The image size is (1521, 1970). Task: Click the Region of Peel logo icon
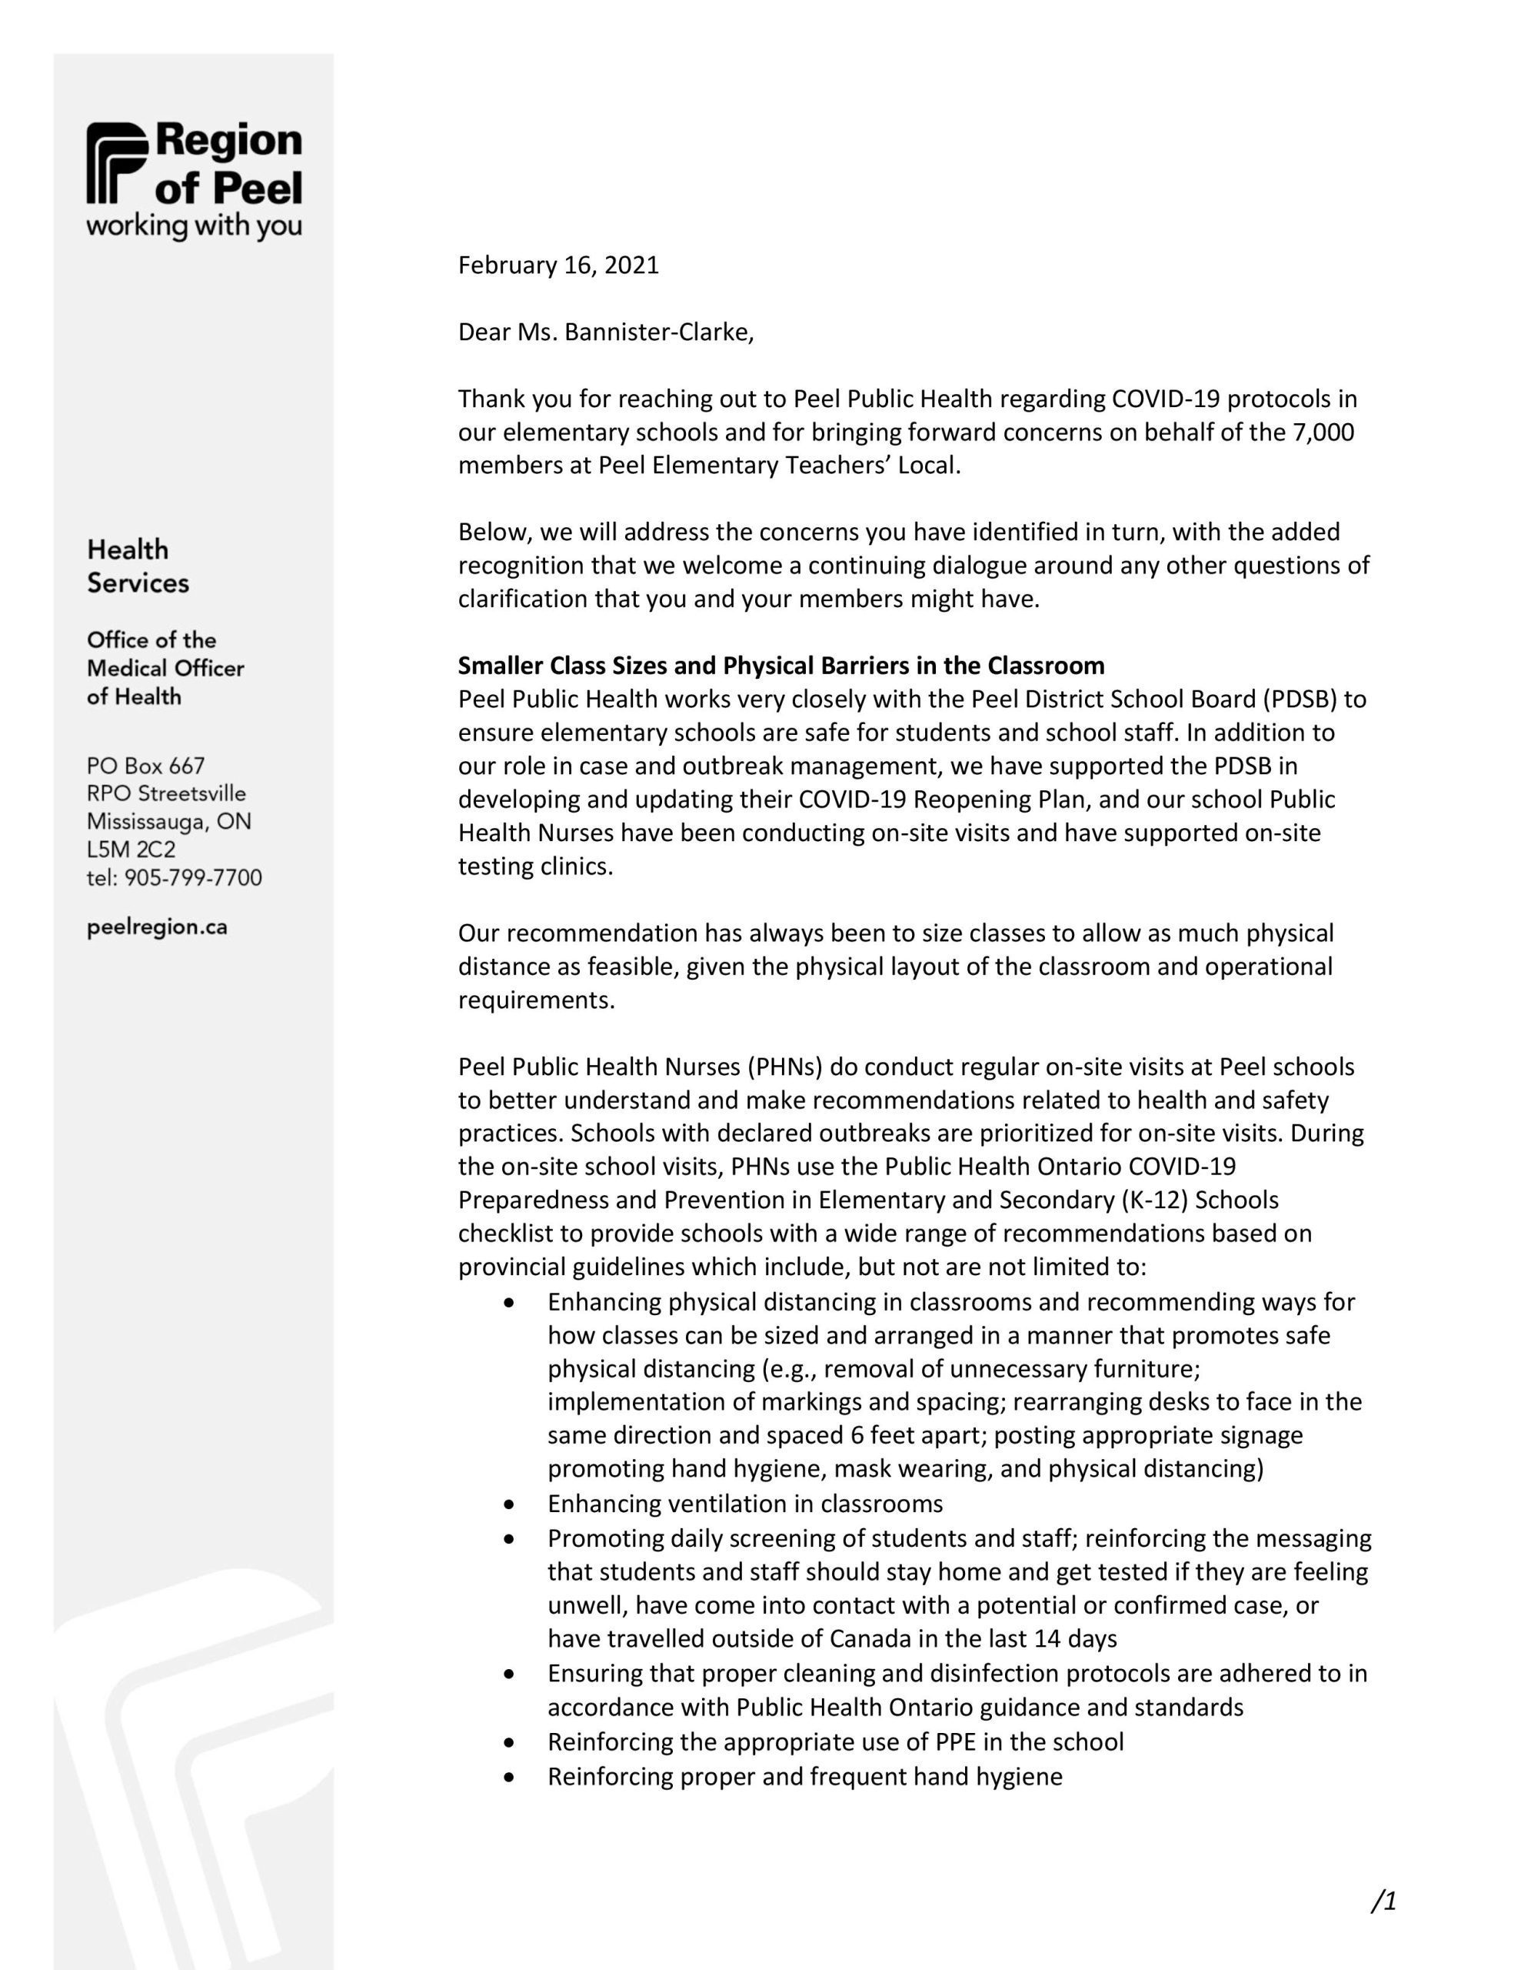point(115,163)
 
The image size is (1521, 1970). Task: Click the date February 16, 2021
point(558,265)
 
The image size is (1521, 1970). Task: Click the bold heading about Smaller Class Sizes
point(780,666)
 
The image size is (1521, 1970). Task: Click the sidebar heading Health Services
point(137,566)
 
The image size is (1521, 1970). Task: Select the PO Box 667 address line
point(146,766)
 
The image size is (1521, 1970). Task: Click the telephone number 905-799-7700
point(193,878)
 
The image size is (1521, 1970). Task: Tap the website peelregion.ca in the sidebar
point(157,927)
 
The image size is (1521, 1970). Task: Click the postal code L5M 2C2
point(131,850)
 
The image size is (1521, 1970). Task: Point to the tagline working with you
point(194,225)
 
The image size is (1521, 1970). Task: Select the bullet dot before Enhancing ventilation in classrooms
point(511,1504)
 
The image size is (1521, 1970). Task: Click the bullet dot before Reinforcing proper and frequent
point(511,1776)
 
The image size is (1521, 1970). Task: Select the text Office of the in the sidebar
point(151,640)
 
